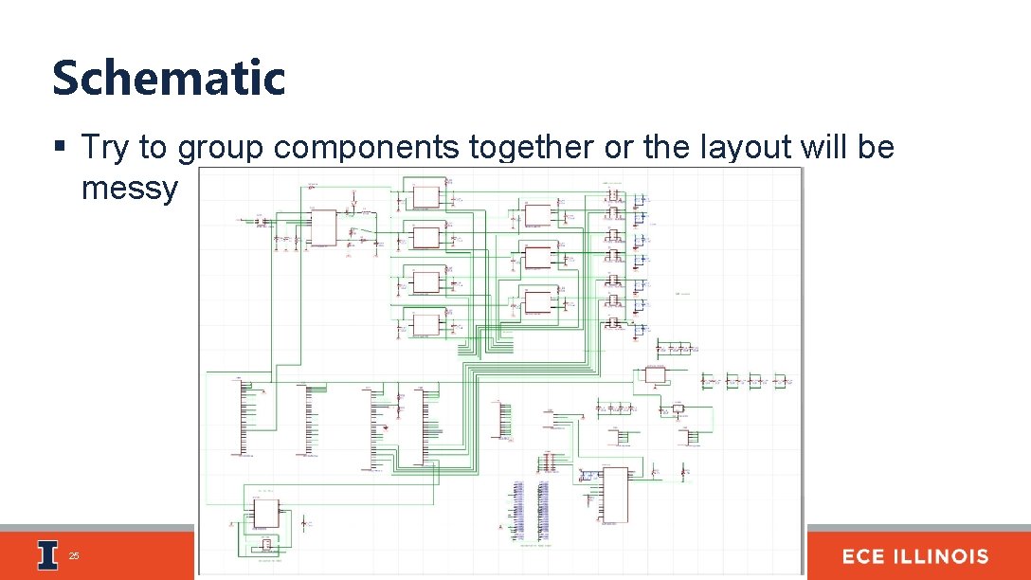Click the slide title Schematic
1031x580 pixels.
(x=169, y=78)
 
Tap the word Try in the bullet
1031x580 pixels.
(x=105, y=148)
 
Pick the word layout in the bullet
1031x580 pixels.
(x=740, y=148)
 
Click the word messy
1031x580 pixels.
(x=129, y=188)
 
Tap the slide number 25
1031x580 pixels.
(x=74, y=556)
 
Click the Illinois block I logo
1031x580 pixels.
(x=47, y=555)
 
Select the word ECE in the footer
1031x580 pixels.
(x=867, y=556)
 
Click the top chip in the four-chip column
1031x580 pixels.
(x=425, y=197)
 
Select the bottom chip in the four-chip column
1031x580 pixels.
(x=425, y=324)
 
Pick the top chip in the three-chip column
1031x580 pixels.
(x=537, y=214)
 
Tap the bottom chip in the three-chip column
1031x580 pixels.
(x=537, y=301)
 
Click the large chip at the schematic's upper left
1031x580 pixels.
(x=323, y=227)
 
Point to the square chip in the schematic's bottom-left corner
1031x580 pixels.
(x=265, y=513)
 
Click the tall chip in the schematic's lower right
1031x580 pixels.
(x=615, y=493)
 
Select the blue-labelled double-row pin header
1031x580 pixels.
(x=530, y=512)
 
